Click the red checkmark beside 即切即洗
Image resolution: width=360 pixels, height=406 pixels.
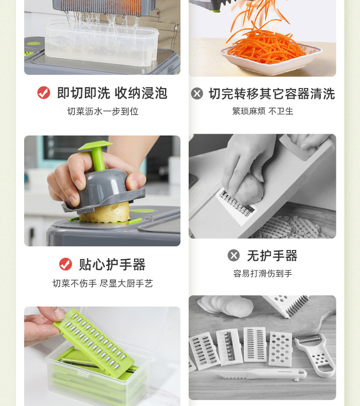coord(44,93)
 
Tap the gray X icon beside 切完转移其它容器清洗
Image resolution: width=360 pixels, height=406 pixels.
coord(197,94)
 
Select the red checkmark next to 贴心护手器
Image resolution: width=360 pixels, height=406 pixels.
coord(66,264)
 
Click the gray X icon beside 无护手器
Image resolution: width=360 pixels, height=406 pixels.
coord(234,255)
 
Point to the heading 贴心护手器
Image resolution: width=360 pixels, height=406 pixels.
coord(112,265)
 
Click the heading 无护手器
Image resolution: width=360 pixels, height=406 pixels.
coord(273,256)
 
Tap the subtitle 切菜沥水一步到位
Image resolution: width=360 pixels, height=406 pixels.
coord(103,111)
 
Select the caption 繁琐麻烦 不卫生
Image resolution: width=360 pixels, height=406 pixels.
coord(263,111)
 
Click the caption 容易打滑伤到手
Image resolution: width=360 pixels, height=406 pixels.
coord(263,273)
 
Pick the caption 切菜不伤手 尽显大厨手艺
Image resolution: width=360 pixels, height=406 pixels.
coord(103,284)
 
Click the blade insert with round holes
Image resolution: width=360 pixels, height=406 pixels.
coord(280,349)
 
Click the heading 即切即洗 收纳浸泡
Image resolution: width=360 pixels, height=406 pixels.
coord(112,93)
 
